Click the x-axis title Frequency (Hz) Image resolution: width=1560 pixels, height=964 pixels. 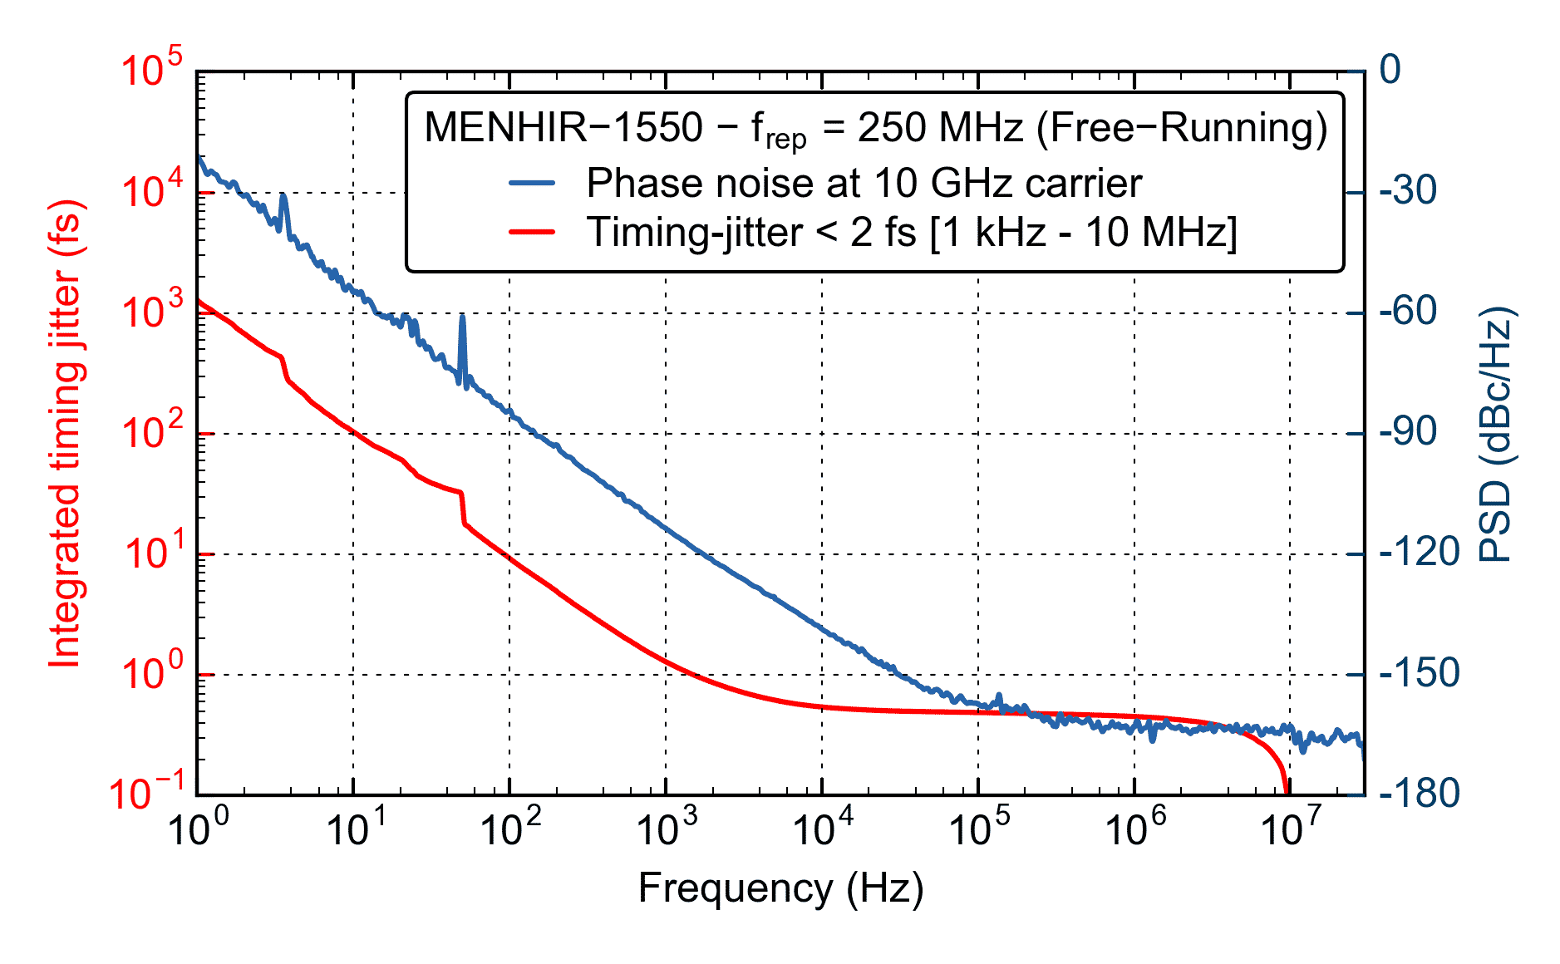point(780,888)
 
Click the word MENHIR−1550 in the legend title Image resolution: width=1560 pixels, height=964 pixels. point(563,128)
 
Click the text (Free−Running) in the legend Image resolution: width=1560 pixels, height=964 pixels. point(1182,128)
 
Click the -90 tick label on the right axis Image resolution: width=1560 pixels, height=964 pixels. point(1408,432)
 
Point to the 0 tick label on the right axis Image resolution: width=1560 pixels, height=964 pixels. point(1390,70)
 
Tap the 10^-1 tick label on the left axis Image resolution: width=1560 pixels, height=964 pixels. point(150,791)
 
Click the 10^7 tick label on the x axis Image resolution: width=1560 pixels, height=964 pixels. point(1290,828)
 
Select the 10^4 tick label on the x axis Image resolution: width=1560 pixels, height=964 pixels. point(823,828)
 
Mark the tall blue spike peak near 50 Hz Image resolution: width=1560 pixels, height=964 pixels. point(463,317)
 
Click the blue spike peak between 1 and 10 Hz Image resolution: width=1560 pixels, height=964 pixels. point(283,196)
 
